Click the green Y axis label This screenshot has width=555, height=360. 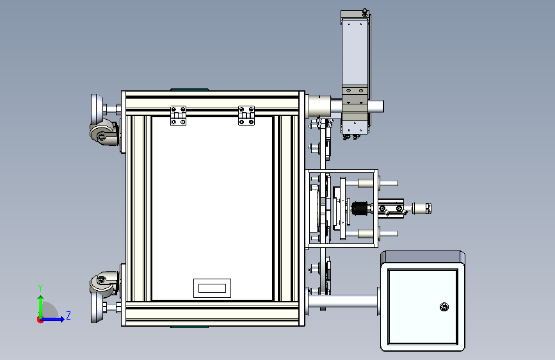(40, 288)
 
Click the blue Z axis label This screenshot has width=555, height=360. (68, 315)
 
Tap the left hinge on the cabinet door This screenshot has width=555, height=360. (178, 115)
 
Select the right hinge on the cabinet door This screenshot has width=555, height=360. (246, 115)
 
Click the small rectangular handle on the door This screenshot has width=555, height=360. (212, 288)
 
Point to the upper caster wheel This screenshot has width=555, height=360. (104, 133)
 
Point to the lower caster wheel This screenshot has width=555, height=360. (104, 283)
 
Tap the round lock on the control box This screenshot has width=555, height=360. (444, 307)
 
